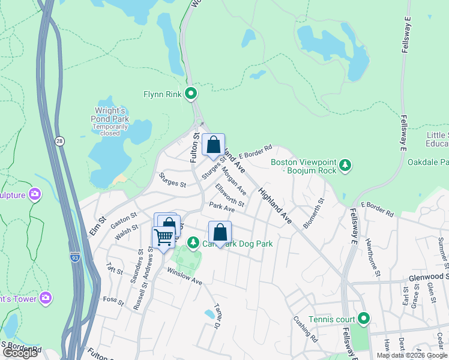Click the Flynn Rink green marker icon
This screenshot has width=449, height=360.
click(191, 94)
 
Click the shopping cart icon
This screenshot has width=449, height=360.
click(163, 237)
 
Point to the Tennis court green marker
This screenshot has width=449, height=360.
click(363, 318)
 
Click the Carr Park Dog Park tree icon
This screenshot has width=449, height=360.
click(193, 243)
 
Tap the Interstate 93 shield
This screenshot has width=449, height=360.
click(75, 257)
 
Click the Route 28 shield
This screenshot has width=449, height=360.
click(59, 141)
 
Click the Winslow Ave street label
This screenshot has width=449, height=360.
click(184, 277)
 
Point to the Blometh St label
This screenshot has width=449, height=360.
click(315, 213)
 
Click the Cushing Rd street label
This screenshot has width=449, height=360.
click(305, 328)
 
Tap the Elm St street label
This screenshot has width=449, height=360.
click(98, 225)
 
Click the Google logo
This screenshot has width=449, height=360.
click(20, 353)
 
